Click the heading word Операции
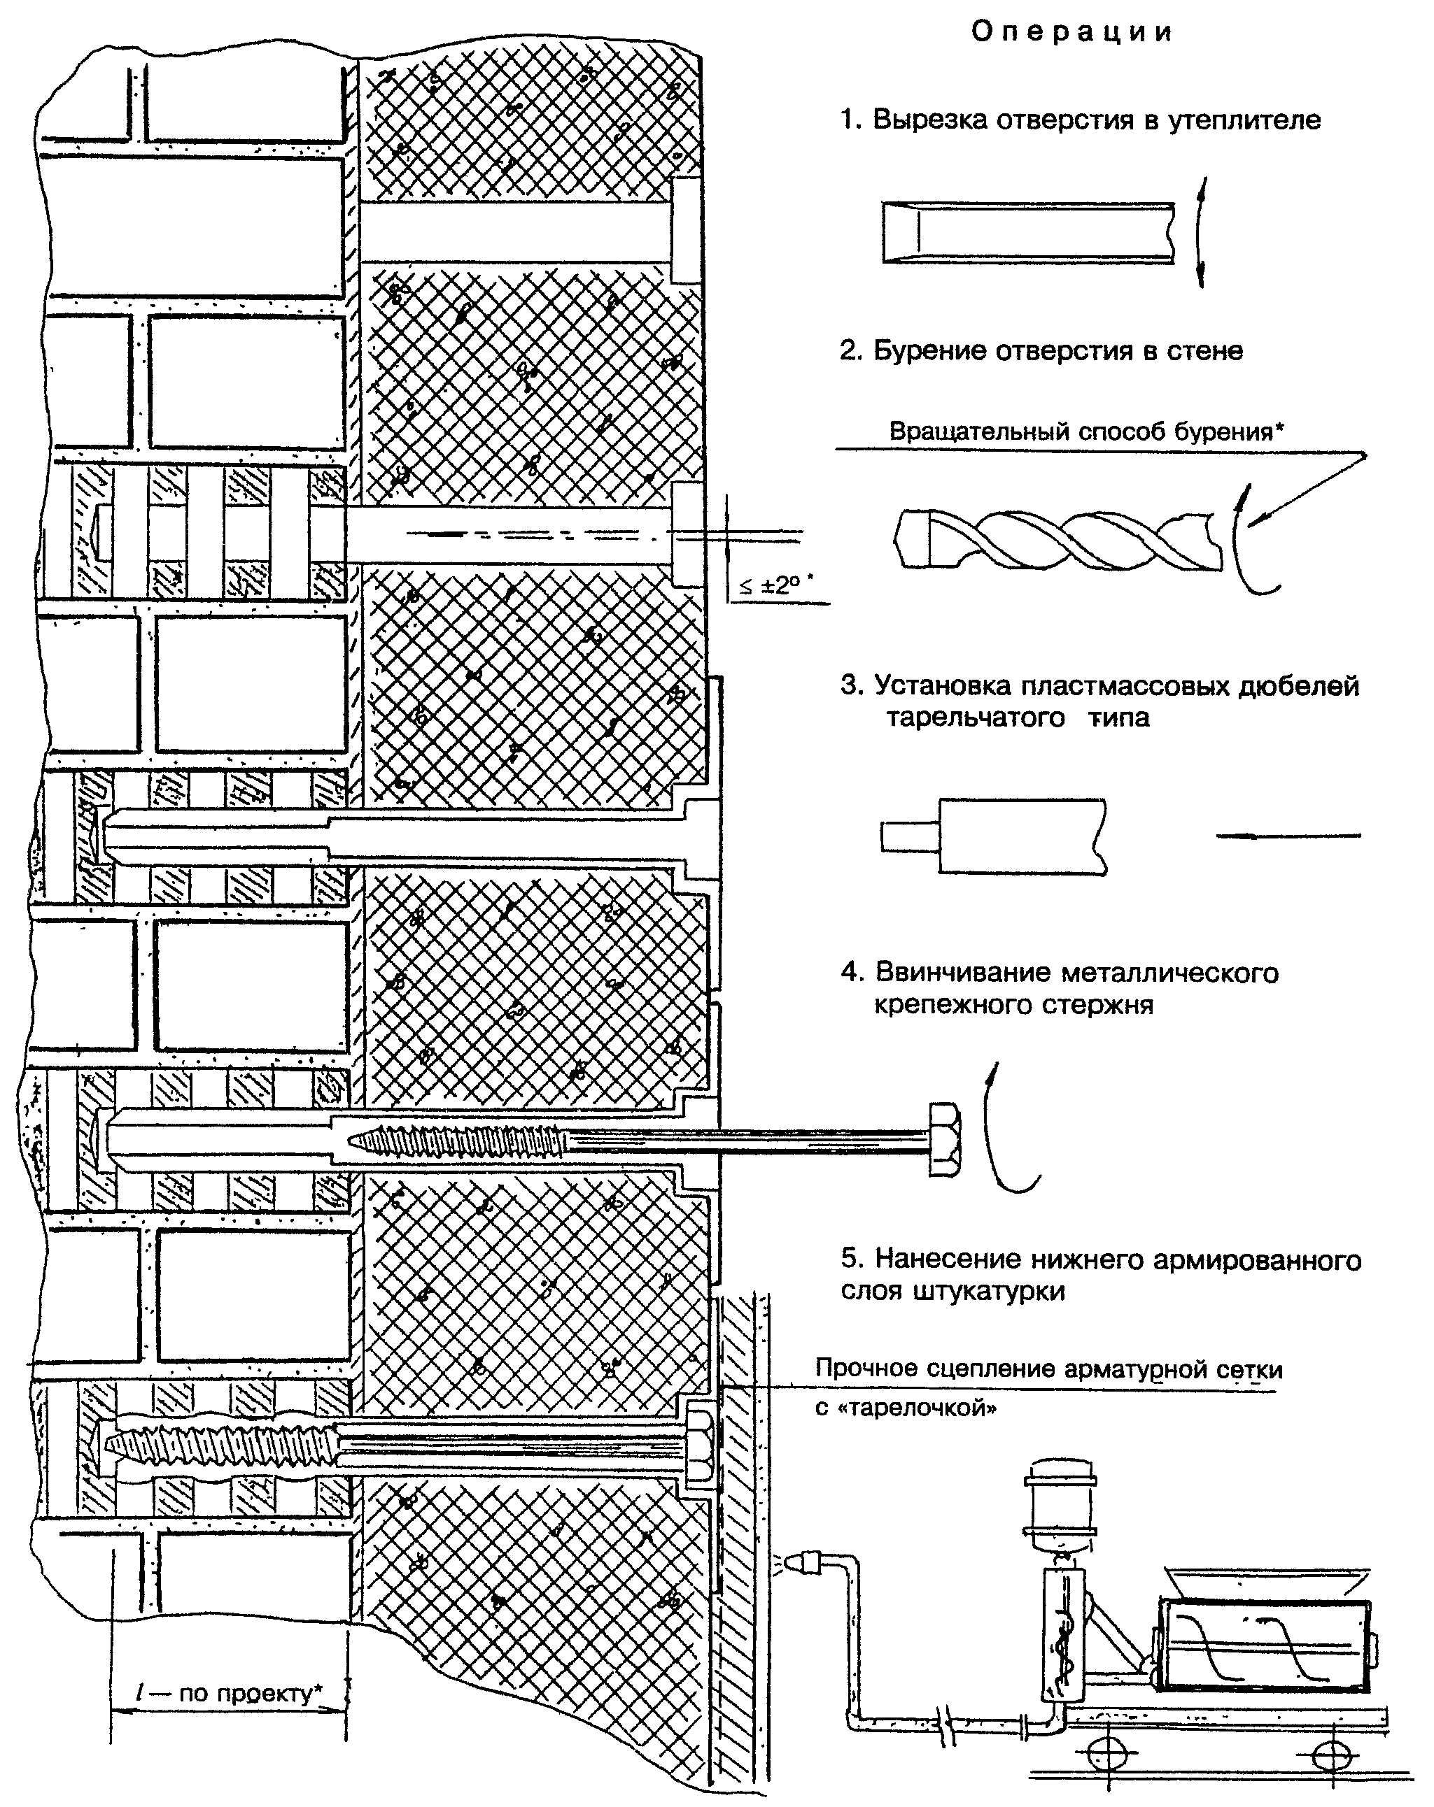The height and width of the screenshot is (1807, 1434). coord(1071,32)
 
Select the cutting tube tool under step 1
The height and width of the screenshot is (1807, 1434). coord(1028,233)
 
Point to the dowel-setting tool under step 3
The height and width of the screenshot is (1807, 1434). coord(994,836)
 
